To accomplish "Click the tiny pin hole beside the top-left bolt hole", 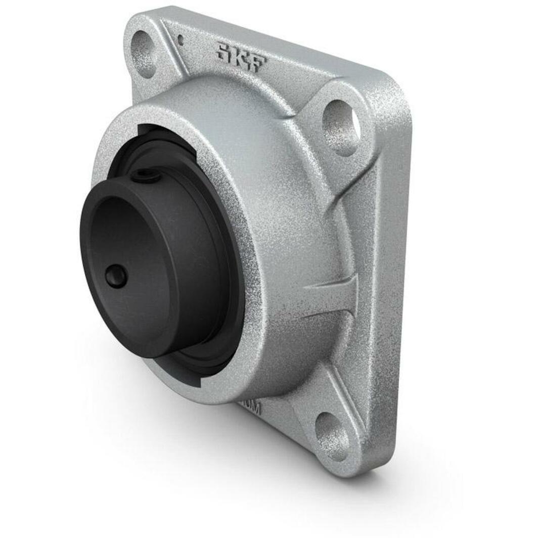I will (x=180, y=39).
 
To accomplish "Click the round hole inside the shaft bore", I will (x=116, y=277).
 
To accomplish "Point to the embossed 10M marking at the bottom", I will (x=251, y=406).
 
